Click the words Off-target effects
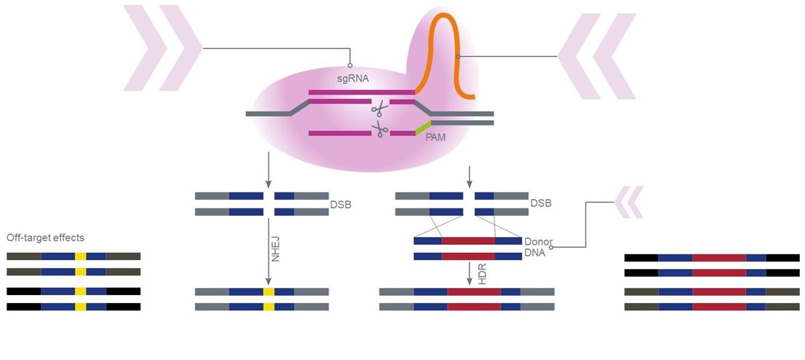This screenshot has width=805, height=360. (x=45, y=238)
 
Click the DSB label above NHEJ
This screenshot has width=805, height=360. (x=341, y=205)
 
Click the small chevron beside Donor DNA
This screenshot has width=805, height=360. (x=629, y=202)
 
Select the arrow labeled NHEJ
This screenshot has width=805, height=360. (x=268, y=252)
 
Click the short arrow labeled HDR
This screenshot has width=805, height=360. (x=470, y=273)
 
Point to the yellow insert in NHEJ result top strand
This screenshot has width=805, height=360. (x=268, y=292)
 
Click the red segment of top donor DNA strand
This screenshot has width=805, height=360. (x=468, y=240)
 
